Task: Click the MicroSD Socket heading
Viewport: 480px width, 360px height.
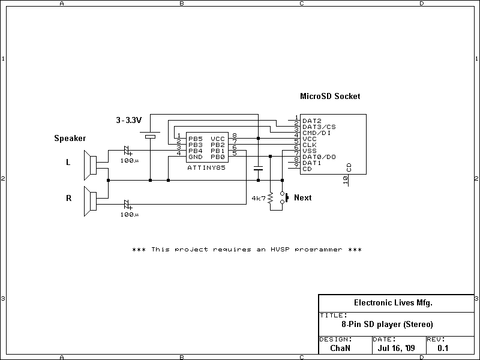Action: (330, 96)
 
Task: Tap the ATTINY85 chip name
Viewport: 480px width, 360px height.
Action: (206, 168)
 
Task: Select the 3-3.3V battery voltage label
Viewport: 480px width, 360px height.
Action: (128, 120)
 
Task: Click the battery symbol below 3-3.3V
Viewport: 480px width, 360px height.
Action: (150, 137)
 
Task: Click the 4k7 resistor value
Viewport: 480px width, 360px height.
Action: (259, 198)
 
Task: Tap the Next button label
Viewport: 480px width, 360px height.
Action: (302, 197)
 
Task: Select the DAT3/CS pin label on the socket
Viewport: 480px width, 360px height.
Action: (319, 127)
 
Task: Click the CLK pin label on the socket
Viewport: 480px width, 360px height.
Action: (309, 145)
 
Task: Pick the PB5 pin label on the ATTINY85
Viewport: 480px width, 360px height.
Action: (195, 139)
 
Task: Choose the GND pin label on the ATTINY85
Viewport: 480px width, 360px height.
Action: (195, 156)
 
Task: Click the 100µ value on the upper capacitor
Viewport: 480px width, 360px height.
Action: (128, 161)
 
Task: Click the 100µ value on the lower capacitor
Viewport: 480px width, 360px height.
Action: (128, 214)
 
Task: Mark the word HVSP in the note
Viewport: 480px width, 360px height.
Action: (281, 249)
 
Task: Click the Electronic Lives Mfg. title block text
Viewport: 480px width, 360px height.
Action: (393, 303)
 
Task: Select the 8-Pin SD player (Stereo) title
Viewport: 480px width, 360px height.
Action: (387, 324)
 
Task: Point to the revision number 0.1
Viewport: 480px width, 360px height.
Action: (443, 347)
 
